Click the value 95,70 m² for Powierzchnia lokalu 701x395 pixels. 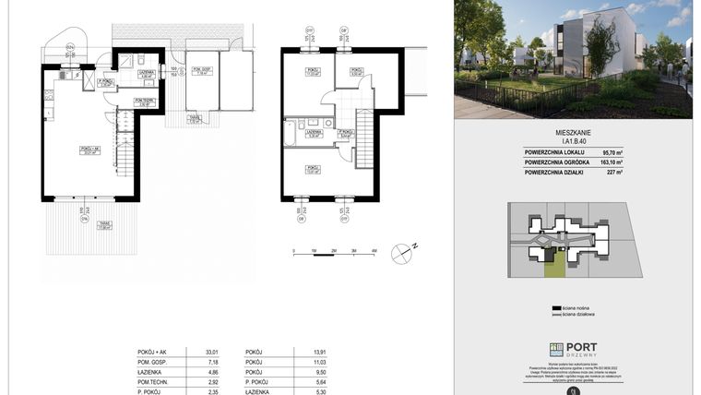612,153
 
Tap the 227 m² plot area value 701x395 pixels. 613,172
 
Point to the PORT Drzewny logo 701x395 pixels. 573,349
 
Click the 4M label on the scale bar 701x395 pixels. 374,250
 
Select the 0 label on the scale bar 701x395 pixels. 294,250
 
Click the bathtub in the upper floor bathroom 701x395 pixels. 291,133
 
